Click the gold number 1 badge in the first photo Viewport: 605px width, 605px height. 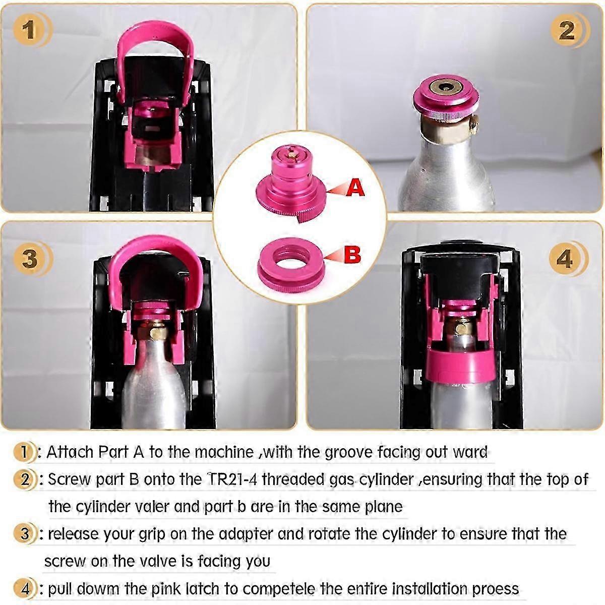pyautogui.click(x=29, y=29)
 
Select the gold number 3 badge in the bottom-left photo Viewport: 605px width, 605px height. pyautogui.click(x=30, y=258)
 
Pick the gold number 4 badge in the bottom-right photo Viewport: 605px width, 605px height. pyautogui.click(x=565, y=259)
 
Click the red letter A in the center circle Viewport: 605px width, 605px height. pyautogui.click(x=356, y=188)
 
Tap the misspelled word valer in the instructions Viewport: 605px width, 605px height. pyautogui.click(x=150, y=506)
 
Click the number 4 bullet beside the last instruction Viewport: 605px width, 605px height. pyautogui.click(x=25, y=588)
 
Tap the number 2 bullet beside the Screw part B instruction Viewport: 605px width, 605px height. pyautogui.click(x=25, y=479)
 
